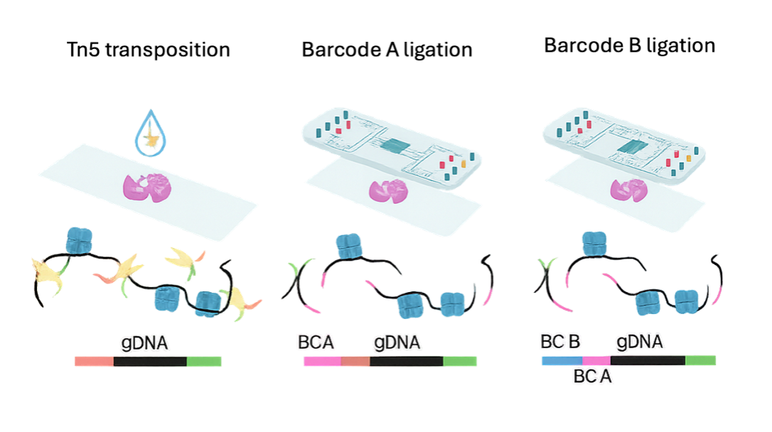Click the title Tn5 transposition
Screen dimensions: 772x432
(x=148, y=50)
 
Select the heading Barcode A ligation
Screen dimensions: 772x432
(x=387, y=50)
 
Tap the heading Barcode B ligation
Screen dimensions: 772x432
(x=629, y=47)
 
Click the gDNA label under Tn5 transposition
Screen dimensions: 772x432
(x=144, y=344)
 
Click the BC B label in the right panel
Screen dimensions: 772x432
(x=561, y=342)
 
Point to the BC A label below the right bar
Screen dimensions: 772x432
(x=592, y=377)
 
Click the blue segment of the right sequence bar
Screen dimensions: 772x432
(x=562, y=360)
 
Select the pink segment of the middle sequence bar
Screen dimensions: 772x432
(x=322, y=361)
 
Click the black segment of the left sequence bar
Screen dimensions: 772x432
(x=150, y=362)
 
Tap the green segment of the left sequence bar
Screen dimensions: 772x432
(x=204, y=362)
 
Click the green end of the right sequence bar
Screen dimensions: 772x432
(x=700, y=360)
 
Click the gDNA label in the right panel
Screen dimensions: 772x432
(x=640, y=342)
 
